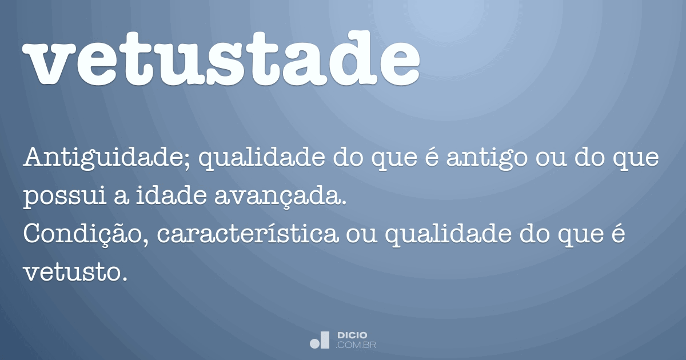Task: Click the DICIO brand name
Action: [352, 334]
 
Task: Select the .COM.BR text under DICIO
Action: [356, 345]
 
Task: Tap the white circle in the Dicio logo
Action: [315, 343]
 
